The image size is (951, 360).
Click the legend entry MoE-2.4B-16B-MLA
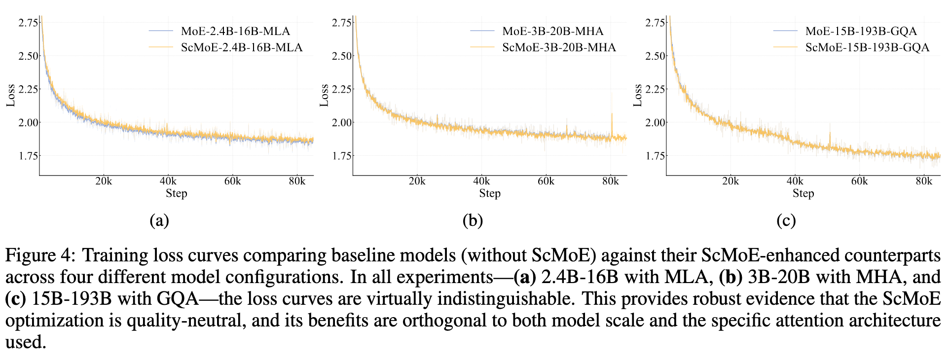[x=235, y=31]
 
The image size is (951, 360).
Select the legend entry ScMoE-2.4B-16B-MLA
[x=242, y=47]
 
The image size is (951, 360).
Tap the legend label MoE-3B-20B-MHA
[x=552, y=31]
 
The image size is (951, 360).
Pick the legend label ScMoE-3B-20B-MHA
[x=559, y=47]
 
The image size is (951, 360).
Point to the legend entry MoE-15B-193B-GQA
[x=861, y=31]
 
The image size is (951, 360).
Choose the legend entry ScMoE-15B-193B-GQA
[x=867, y=47]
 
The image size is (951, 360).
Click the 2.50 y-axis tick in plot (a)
[x=28, y=56]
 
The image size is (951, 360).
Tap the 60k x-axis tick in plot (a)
[x=232, y=181]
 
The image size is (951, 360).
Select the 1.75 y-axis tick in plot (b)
[x=342, y=156]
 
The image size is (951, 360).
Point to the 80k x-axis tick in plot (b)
[x=610, y=181]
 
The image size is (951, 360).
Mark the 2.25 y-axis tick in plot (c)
[x=655, y=89]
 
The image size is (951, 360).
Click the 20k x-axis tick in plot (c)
[x=730, y=181]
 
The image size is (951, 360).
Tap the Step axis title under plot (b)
[x=490, y=193]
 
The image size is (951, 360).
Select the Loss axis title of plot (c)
[x=637, y=95]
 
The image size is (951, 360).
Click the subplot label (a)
[x=159, y=220]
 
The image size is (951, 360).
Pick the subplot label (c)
[x=786, y=220]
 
